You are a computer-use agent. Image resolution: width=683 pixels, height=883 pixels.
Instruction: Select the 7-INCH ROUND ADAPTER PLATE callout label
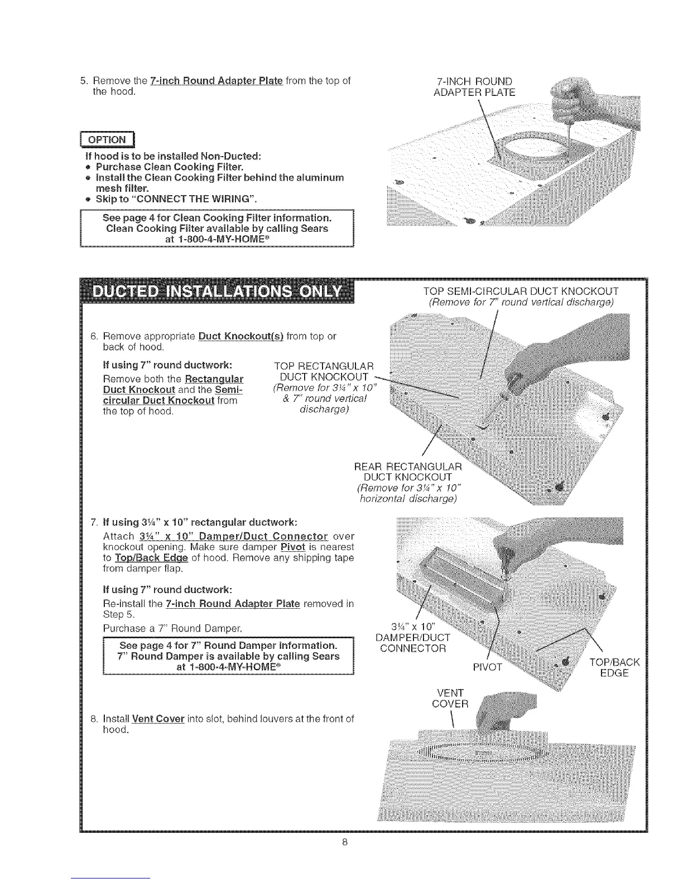point(474,86)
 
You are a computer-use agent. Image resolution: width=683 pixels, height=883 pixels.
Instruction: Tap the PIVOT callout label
point(487,667)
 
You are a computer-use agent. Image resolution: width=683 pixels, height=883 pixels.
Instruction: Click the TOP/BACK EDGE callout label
point(614,667)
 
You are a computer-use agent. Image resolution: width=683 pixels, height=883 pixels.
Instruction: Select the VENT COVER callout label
point(451,698)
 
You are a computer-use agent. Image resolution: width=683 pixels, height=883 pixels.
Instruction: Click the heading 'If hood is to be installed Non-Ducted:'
point(172,155)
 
